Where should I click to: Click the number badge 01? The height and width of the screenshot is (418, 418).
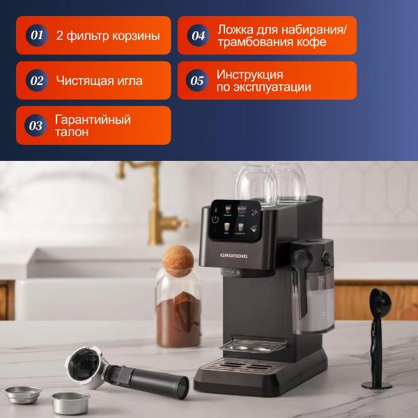tap(37, 35)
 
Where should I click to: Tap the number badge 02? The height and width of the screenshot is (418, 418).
tap(37, 80)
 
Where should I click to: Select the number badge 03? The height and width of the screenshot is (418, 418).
tap(37, 125)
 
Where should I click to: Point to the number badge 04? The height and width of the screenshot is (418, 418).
tap(199, 36)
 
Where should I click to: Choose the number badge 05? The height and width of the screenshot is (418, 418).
tap(199, 80)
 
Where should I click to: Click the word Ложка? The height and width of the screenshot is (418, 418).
tap(236, 29)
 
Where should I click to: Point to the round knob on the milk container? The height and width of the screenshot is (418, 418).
tap(300, 257)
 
